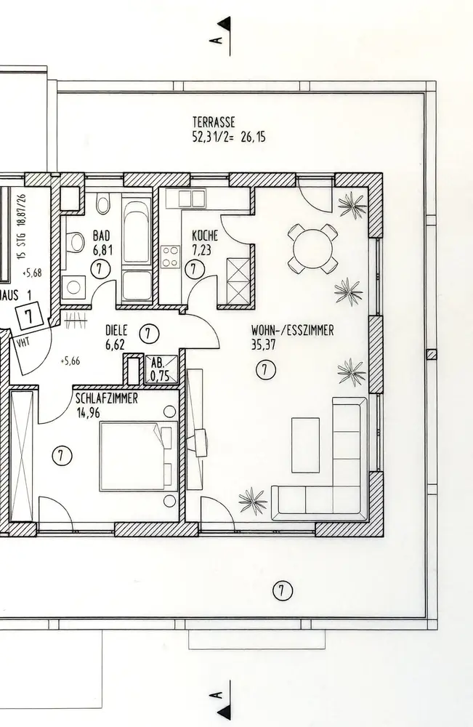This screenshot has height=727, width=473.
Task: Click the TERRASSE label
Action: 214,121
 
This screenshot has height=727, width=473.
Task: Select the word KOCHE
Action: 205,236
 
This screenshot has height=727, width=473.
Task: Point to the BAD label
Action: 101,236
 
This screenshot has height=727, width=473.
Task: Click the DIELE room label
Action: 116,329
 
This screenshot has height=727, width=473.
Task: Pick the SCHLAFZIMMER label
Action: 106,399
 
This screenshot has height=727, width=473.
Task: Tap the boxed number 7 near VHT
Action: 29,316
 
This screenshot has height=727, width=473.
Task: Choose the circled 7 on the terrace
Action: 282,590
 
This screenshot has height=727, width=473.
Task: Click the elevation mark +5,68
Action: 33,273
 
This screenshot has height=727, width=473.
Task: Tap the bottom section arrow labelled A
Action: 223,697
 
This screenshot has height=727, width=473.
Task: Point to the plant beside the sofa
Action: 252,499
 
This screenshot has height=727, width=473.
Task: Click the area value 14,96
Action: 89,412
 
